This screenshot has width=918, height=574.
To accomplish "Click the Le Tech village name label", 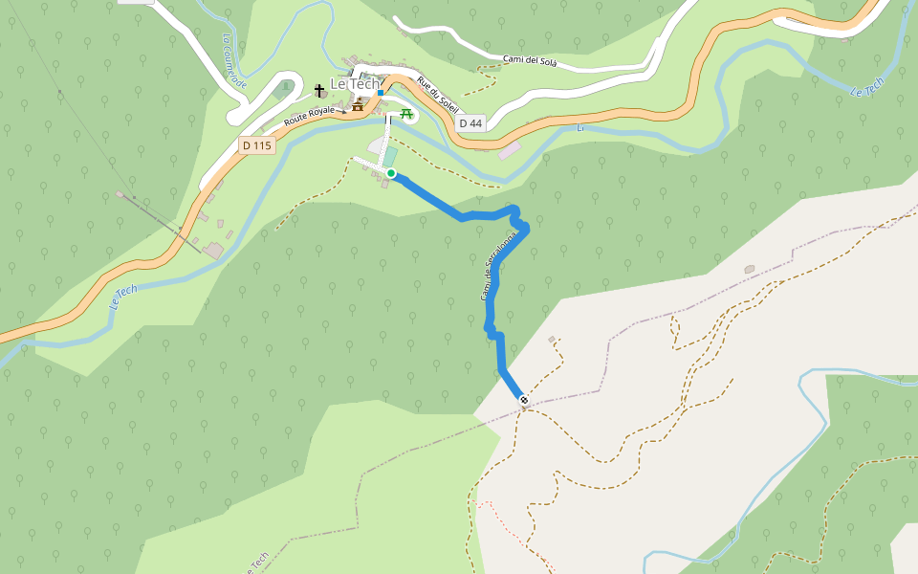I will coord(354,84).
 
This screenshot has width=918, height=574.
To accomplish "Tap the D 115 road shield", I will coord(256,145).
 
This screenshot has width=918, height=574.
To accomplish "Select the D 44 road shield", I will coord(470,123).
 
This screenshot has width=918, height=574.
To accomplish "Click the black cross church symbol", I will coord(319,91).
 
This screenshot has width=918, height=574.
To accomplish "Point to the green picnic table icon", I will coord(406,114).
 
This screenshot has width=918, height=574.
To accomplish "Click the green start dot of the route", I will coord(391,173).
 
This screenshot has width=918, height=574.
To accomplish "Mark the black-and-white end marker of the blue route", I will coord(524,400).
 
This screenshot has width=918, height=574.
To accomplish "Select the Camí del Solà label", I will coord(530,61).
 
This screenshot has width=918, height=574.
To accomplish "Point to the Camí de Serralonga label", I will coord(497,268).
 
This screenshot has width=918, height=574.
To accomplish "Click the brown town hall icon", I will coord(358,105).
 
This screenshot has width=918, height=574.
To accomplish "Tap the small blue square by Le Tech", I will coord(381,93).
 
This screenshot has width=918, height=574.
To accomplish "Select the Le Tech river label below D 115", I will coord(123,296).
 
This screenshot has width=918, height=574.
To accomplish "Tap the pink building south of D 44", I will coord(509,151).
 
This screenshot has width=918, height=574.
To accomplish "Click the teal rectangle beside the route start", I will coord(390,156).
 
